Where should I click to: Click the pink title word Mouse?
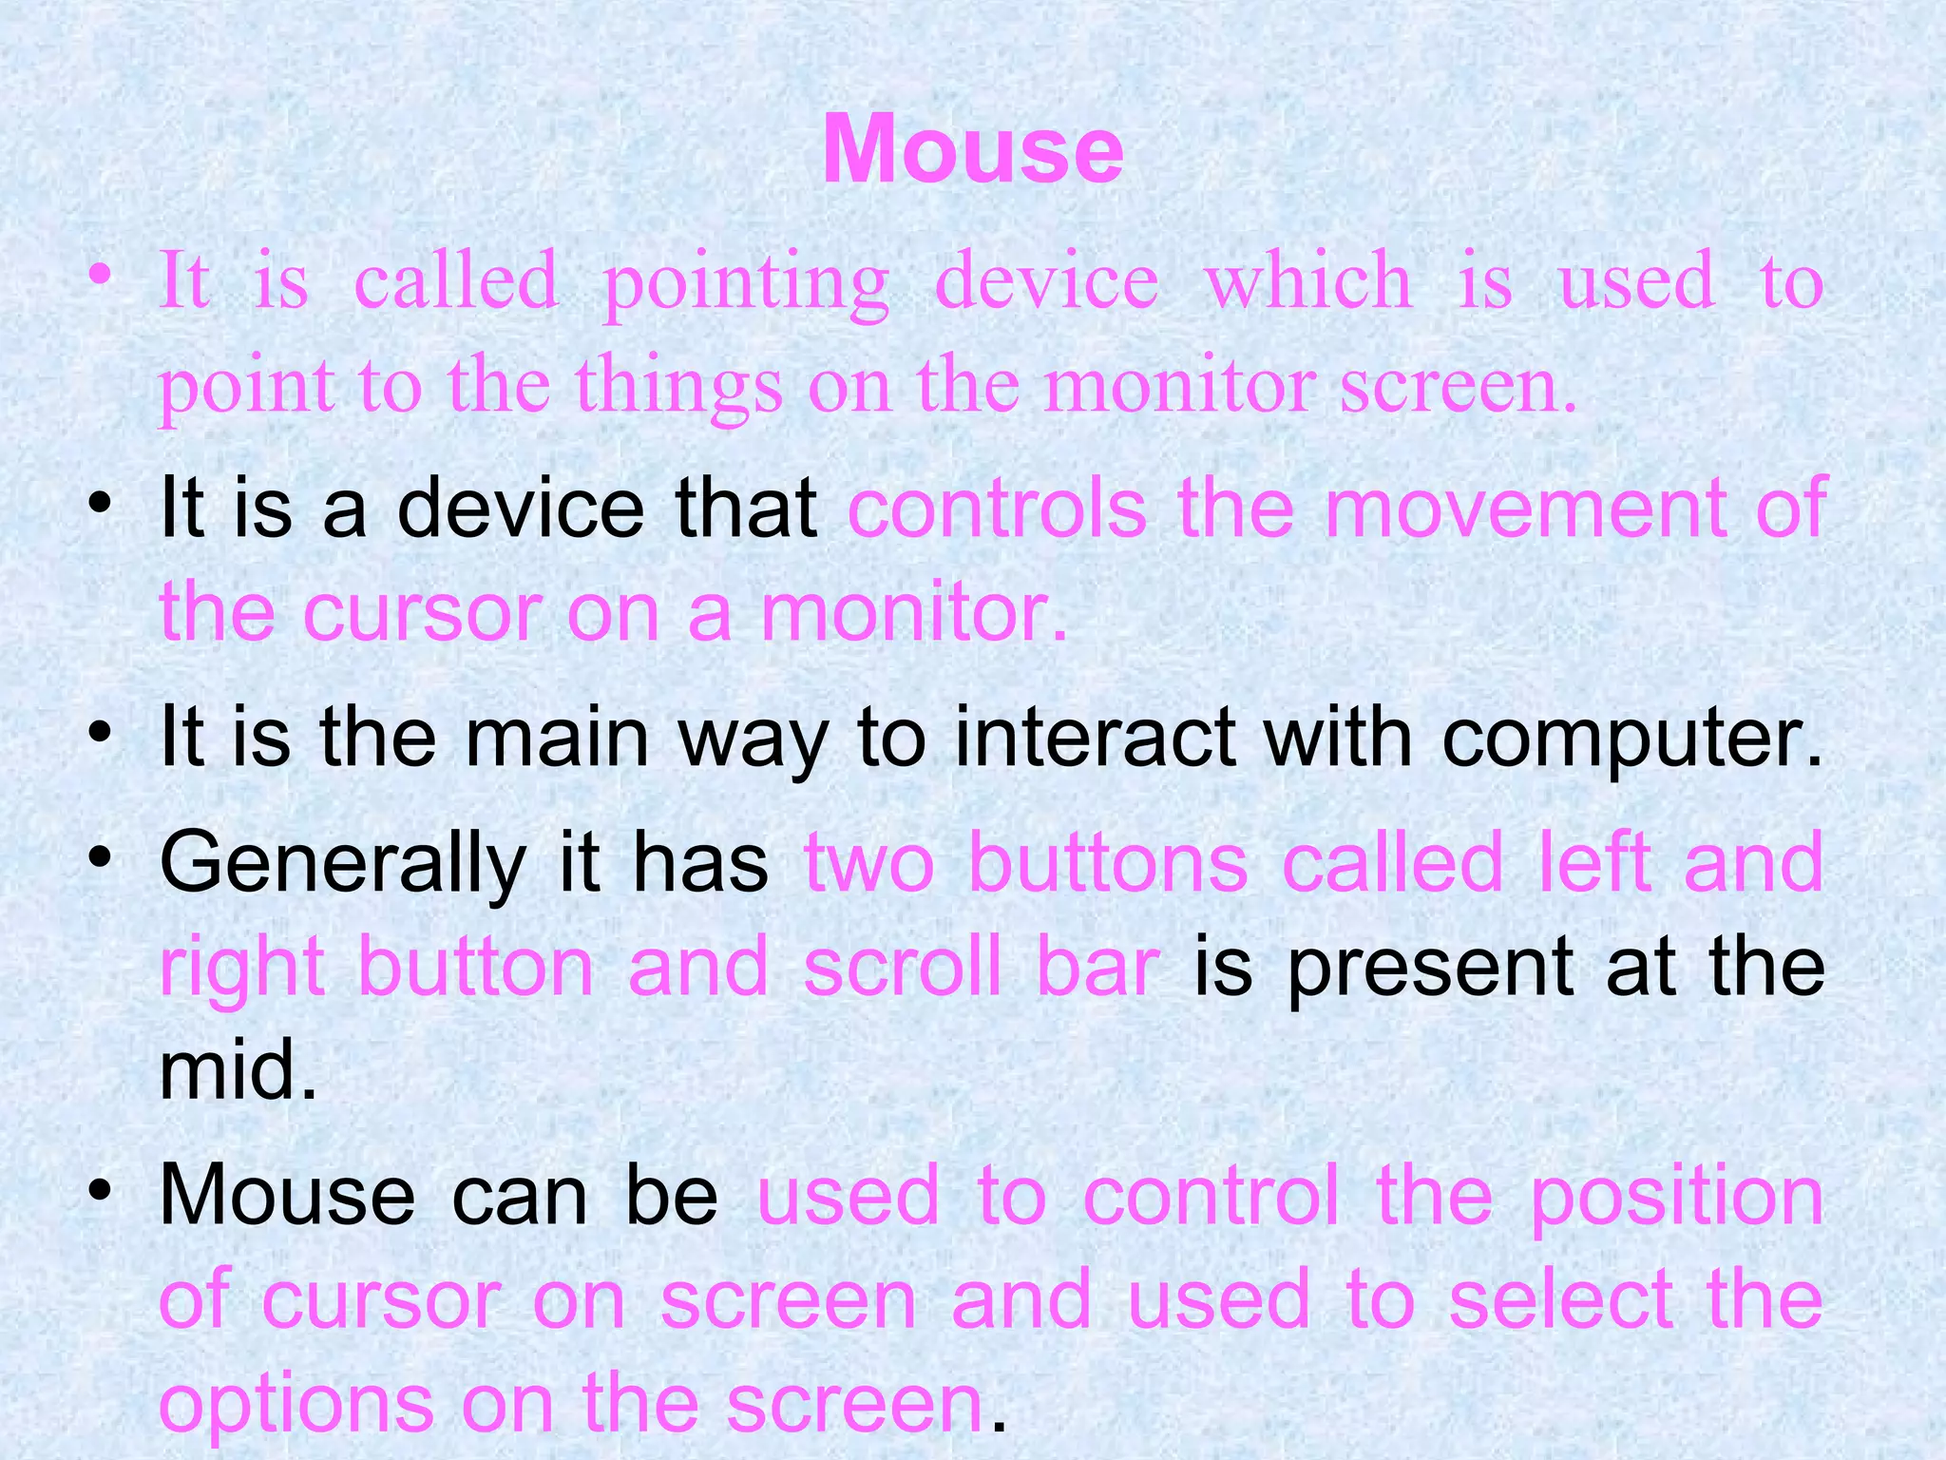coord(973,150)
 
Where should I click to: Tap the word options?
coord(296,1405)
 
